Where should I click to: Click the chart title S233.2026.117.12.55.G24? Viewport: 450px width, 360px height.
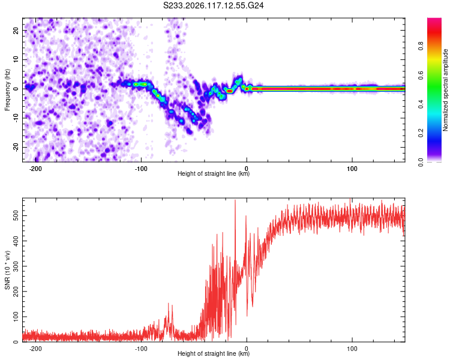213,5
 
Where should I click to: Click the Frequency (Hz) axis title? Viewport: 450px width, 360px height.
7,90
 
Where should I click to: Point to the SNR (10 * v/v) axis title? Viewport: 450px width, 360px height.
7,270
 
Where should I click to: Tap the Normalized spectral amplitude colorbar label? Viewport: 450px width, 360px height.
445,90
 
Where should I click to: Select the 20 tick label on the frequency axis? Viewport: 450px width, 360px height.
16,31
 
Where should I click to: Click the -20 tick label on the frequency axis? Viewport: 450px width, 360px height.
16,147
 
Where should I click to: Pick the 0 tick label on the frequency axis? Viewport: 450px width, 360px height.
16,89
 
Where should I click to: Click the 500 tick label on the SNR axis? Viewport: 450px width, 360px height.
16,215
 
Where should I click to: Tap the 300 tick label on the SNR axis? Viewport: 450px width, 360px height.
16,266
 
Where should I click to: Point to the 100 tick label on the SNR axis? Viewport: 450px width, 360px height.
16,317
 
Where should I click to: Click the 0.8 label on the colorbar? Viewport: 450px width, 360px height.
421,46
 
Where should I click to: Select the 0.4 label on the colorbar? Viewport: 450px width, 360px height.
421,104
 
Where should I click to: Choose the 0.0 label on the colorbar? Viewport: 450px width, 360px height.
421,163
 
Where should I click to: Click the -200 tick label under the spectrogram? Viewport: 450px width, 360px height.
35,169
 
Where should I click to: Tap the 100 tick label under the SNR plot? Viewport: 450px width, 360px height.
352,349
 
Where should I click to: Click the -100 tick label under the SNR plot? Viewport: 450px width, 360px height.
141,349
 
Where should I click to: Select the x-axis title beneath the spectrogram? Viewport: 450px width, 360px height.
214,173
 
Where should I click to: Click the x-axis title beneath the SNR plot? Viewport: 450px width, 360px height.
214,353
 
